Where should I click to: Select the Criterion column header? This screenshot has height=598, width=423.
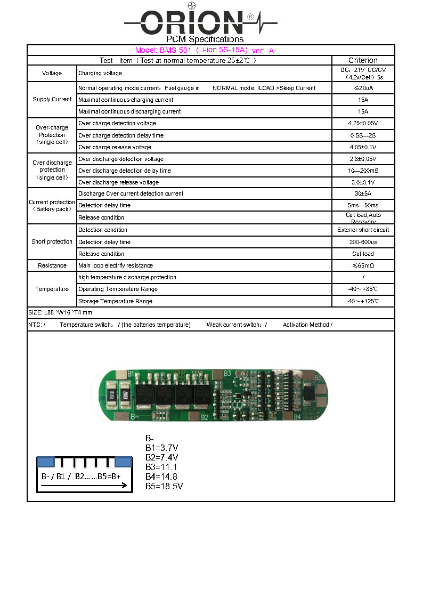coord(363,60)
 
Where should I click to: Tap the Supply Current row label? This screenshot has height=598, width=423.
coord(52,100)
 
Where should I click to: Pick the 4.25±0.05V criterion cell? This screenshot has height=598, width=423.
coord(363,124)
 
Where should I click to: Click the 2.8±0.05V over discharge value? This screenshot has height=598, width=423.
coord(363,159)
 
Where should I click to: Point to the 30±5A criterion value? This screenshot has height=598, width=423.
coord(363,194)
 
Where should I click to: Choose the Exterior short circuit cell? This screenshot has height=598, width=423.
coord(363,230)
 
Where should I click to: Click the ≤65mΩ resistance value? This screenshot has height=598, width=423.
coord(363,265)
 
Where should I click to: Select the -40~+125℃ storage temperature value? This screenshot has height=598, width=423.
coord(363,301)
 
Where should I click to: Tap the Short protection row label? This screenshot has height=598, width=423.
coord(52,242)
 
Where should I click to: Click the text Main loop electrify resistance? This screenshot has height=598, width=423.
coord(116,265)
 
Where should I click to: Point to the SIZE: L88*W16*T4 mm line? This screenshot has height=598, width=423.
coord(60,313)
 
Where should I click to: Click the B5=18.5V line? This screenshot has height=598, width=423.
coord(164,486)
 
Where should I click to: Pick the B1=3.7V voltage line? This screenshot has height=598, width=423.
coord(161,448)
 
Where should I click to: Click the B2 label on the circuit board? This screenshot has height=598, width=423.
coord(204,417)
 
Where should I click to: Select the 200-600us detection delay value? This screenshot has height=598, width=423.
coord(363,242)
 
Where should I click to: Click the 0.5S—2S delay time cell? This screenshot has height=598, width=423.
coord(363,135)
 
